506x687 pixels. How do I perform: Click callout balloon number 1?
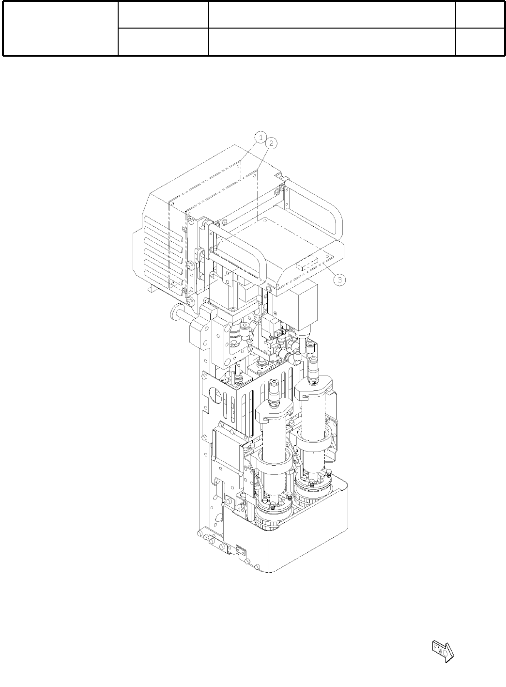click(x=261, y=137)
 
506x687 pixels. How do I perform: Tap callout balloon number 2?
click(x=271, y=143)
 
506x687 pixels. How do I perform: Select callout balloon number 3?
click(x=339, y=280)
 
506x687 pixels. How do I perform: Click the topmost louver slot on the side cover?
click(x=164, y=226)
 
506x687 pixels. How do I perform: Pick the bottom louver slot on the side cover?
click(x=164, y=280)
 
